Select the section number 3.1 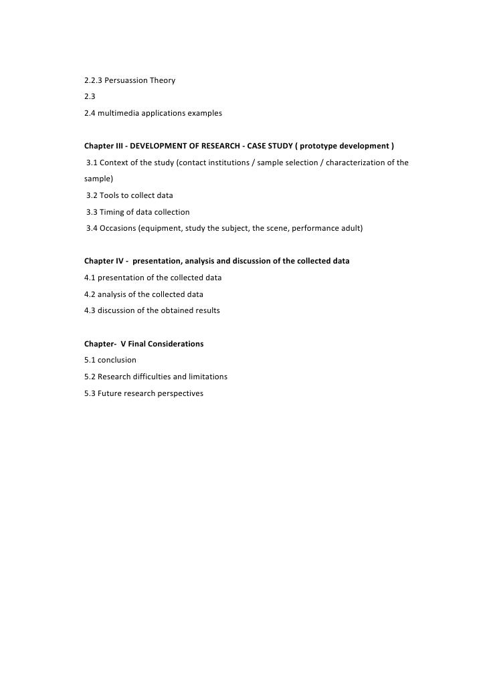92,163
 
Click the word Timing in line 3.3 113,212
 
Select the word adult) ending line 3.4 349,228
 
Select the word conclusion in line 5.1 117,360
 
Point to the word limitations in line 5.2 205,377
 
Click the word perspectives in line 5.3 179,393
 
